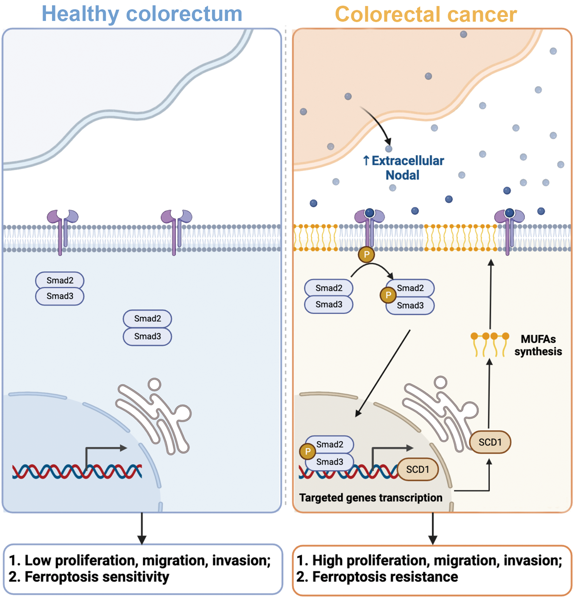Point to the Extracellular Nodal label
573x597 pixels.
coord(403,168)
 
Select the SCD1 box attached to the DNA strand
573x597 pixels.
coord(418,469)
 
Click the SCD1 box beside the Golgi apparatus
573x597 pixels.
coord(490,442)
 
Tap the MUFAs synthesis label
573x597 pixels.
coord(538,345)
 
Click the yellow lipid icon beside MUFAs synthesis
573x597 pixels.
coord(490,344)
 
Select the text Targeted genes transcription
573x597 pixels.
coord(371,497)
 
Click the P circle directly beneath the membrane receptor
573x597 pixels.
coord(366,254)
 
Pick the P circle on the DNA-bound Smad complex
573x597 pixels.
coord(308,451)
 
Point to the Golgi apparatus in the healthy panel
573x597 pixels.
coord(153,416)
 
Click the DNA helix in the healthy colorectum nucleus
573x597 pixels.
coord(77,471)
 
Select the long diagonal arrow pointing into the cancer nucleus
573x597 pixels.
coord(383,373)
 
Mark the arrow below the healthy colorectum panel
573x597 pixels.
coord(142,528)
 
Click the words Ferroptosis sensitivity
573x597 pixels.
coord(97,577)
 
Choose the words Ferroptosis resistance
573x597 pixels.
coord(385,577)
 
